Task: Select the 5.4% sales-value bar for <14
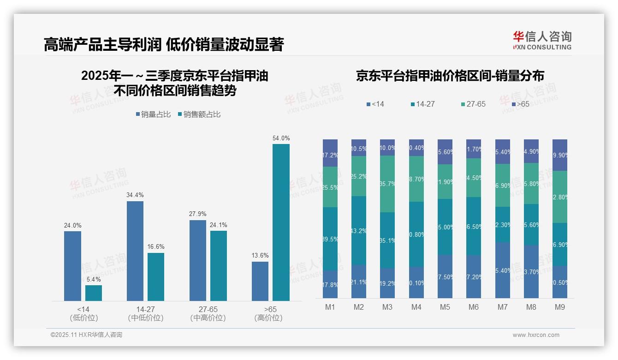(94, 293)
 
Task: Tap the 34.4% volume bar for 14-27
(135, 251)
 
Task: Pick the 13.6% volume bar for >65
(260, 282)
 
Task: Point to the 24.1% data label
(218, 225)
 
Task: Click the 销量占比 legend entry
(153, 114)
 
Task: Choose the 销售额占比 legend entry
(199, 114)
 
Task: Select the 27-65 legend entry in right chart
(473, 104)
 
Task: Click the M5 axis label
(445, 307)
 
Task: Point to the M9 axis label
(559, 307)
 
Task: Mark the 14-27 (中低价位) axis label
(145, 313)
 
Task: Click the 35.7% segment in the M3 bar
(387, 184)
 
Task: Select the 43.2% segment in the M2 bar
(359, 230)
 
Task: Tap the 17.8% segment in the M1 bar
(330, 284)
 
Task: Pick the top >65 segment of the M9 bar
(560, 155)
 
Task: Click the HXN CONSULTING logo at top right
(542, 41)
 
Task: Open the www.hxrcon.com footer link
(536, 335)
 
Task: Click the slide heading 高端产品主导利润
(102, 45)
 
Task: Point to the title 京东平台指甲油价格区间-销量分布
(450, 76)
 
